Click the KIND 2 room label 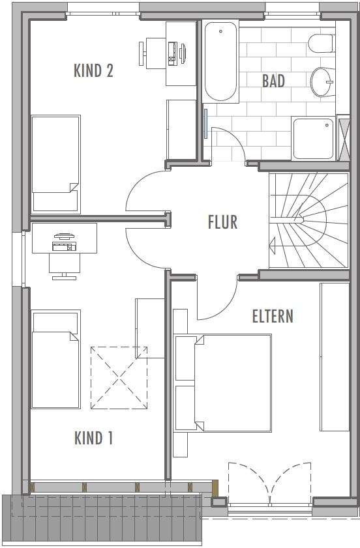[93, 70]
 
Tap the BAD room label [273, 81]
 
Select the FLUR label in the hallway [222, 222]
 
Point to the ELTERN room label [273, 316]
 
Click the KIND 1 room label [93, 438]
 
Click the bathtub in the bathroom [220, 61]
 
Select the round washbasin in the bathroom [323, 82]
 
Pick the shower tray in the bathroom [313, 138]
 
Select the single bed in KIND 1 [55, 359]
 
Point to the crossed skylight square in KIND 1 [118, 377]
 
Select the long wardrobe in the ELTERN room [335, 356]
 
